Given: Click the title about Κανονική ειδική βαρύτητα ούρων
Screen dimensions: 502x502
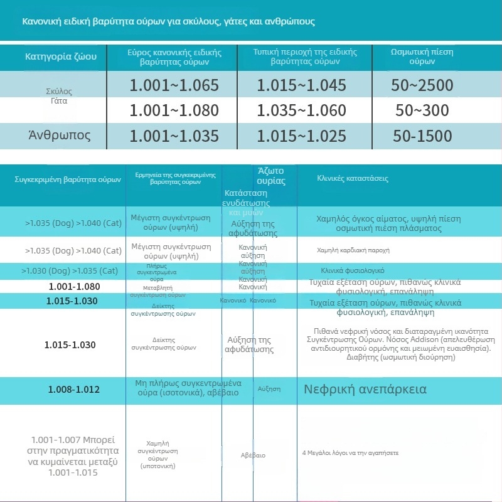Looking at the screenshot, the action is click(x=169, y=21).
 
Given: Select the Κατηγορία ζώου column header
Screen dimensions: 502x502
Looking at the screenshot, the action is click(x=61, y=57).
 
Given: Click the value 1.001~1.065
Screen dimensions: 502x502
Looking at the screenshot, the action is click(x=174, y=85).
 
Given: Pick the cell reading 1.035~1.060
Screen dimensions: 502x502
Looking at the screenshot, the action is click(x=301, y=111).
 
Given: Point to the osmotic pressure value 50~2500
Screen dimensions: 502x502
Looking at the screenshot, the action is click(x=422, y=85).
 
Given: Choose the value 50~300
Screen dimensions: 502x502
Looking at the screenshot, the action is click(x=422, y=111).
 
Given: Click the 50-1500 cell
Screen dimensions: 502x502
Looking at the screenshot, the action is click(x=422, y=136).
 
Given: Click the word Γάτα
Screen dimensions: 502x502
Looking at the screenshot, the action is click(x=60, y=100).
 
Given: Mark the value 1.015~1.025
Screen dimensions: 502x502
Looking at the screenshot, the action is click(x=301, y=136).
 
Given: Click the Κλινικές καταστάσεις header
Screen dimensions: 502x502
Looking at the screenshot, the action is click(x=353, y=178).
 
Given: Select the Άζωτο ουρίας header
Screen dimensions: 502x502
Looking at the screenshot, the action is click(x=271, y=176).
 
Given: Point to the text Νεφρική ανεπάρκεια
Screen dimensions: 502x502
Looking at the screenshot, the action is click(x=365, y=389).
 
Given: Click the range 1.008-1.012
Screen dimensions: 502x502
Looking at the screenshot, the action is click(x=74, y=390).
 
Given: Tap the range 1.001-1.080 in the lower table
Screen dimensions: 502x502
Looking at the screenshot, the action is click(x=74, y=286).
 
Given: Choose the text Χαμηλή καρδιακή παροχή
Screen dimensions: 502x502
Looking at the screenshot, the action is click(x=353, y=250).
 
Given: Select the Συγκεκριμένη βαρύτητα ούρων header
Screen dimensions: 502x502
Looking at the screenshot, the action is click(x=68, y=179).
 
